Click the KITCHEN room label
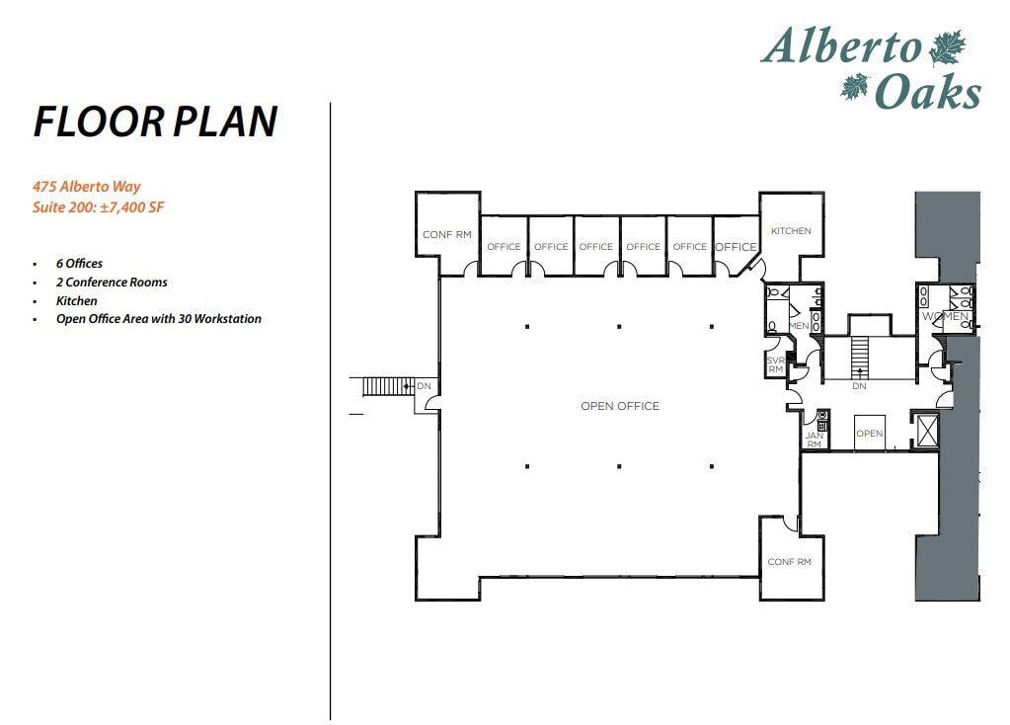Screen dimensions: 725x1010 [x=791, y=231]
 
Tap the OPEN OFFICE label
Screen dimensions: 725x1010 [x=619, y=406]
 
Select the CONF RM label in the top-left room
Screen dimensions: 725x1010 [x=446, y=235]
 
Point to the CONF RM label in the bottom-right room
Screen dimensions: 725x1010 [x=789, y=562]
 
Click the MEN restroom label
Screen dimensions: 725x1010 [x=799, y=326]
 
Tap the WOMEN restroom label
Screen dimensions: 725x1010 [x=945, y=316]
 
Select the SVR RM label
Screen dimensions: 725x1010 [x=775, y=365]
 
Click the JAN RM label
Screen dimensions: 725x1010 [x=814, y=440]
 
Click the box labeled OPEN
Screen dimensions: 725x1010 [x=869, y=433]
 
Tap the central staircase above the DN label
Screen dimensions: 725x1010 [x=859, y=355]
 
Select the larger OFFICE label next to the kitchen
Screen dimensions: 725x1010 [x=736, y=247]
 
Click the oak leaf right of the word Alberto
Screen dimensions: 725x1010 [x=947, y=47]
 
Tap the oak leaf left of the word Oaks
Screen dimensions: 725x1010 [x=853, y=88]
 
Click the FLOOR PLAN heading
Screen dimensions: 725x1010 [x=155, y=121]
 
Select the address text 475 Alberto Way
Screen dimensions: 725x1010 [x=86, y=187]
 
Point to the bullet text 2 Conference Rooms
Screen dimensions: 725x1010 [x=112, y=282]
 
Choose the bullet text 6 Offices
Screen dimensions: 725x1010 [x=79, y=264]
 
